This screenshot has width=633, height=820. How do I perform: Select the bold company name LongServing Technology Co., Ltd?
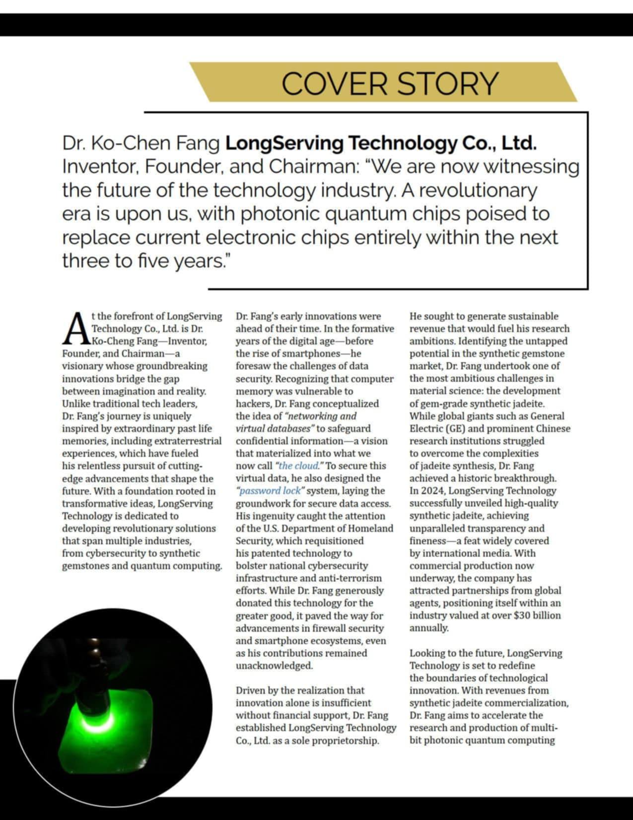(x=381, y=144)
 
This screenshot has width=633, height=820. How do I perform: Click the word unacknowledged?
(x=274, y=665)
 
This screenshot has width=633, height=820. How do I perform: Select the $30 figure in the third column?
(x=524, y=615)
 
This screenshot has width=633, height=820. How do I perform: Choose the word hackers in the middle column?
(x=253, y=404)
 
